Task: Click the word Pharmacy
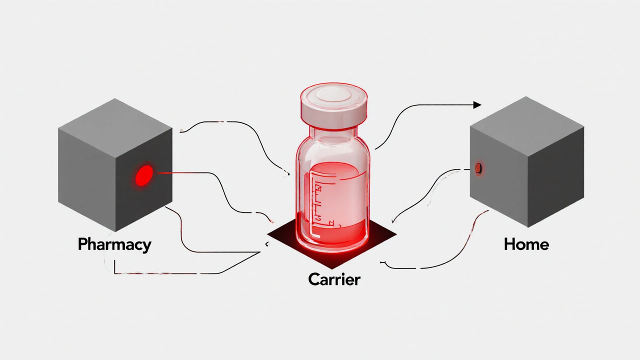point(114,244)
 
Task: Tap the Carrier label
point(334,279)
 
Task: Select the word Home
point(526,244)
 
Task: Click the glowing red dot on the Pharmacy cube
point(144,175)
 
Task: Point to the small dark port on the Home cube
point(478,168)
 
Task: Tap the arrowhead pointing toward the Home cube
point(477,105)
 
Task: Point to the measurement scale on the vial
point(317,200)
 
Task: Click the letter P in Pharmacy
point(83,244)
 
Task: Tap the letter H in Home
point(510,244)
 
